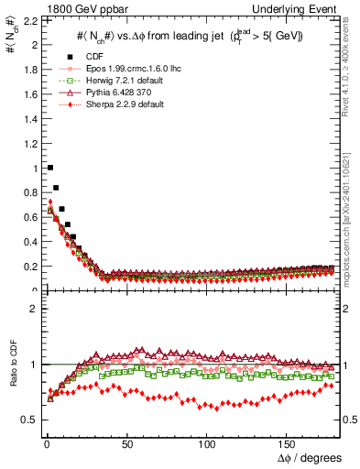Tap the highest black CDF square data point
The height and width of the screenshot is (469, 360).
49,168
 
